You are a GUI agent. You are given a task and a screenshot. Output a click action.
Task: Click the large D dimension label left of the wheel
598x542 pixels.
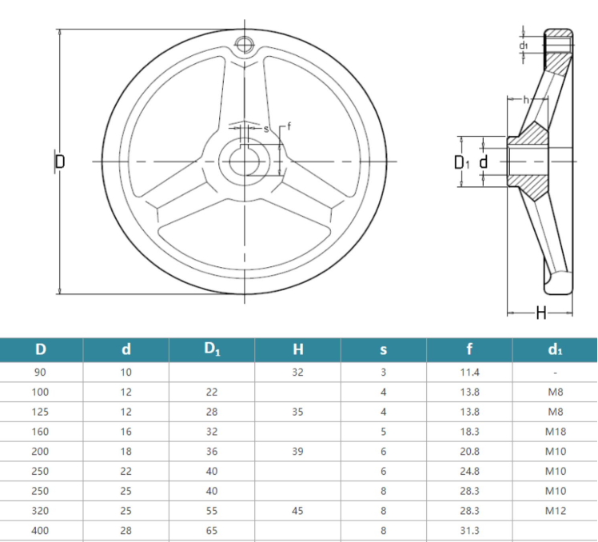tap(59, 161)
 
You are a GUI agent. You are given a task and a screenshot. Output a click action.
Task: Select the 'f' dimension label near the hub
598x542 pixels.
tap(289, 126)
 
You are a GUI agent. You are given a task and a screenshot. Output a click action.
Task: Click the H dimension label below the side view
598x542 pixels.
tap(540, 313)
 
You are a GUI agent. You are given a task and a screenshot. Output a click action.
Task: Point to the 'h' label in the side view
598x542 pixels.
tap(525, 99)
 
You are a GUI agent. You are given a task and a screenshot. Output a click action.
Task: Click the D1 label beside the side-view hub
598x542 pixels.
tap(461, 162)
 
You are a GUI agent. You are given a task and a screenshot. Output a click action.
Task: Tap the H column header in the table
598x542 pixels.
tap(297, 349)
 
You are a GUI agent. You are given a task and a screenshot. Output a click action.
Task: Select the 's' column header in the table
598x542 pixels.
tap(384, 349)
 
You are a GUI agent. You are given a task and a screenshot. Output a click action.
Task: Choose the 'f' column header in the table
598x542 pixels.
tap(470, 349)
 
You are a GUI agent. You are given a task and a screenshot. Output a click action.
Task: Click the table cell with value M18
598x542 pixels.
tap(555, 432)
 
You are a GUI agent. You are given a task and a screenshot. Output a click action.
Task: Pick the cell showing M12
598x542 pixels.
tap(555, 510)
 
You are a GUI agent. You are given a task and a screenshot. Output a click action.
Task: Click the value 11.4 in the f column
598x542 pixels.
tap(470, 373)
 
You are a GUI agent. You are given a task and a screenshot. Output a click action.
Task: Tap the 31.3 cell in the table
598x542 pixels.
tap(470, 530)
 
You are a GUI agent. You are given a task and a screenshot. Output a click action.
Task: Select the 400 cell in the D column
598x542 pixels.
tap(40, 530)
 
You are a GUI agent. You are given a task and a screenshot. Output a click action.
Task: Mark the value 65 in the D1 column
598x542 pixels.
tap(211, 530)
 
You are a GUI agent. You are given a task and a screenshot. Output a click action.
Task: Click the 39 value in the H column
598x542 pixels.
tap(297, 451)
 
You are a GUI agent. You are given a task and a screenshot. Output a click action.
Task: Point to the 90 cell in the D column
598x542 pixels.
tap(40, 373)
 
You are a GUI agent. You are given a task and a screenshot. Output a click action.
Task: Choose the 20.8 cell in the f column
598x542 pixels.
tap(470, 451)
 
